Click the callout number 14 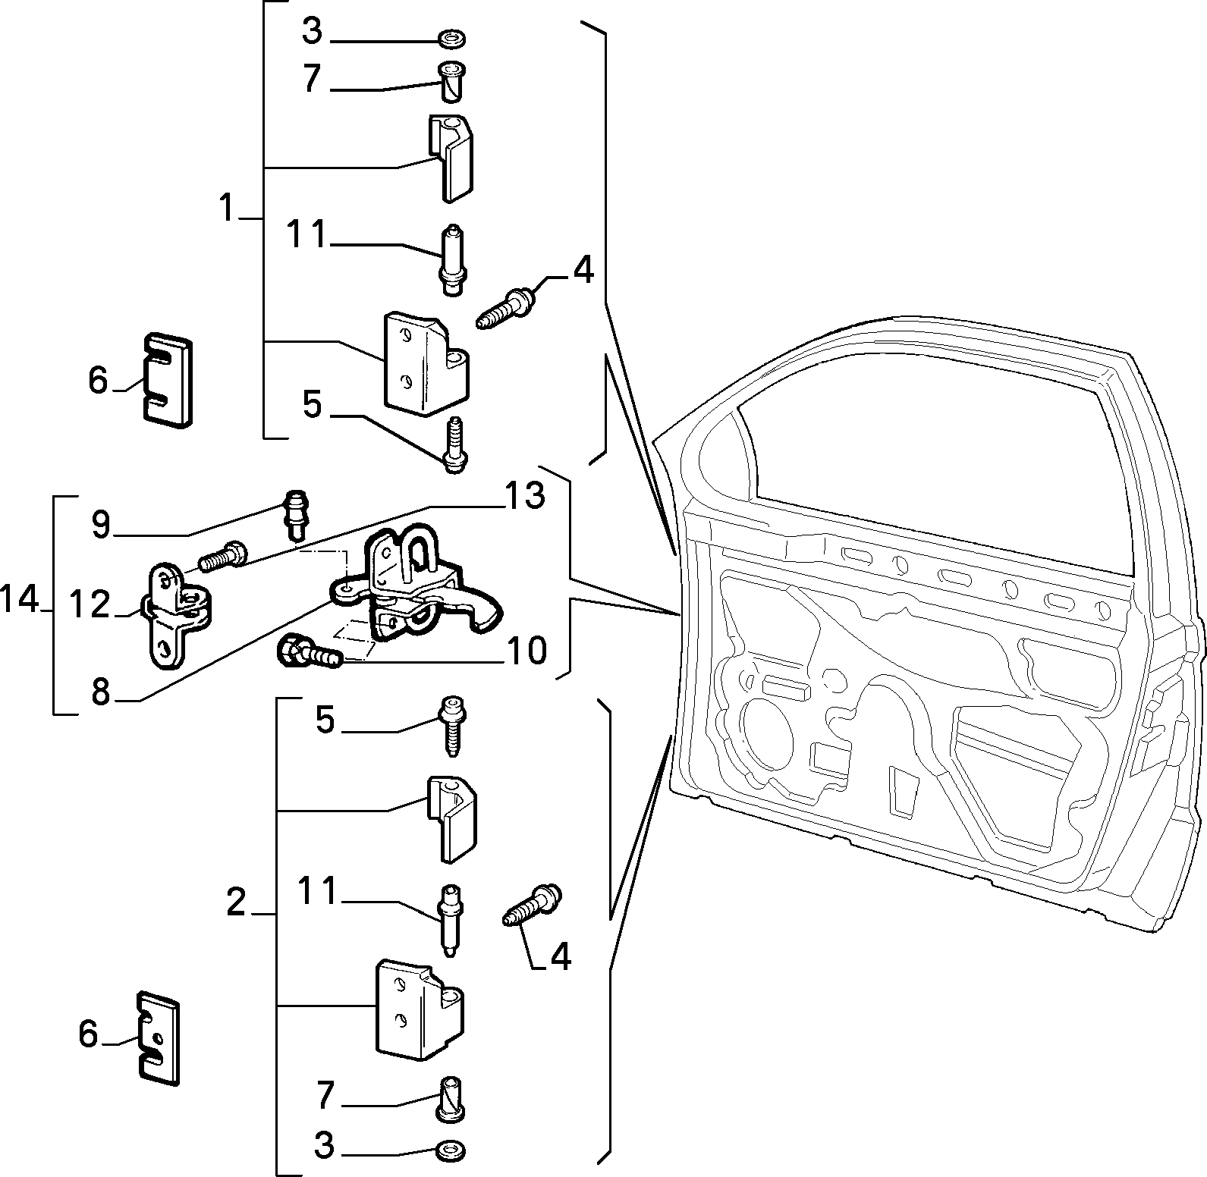(x=20, y=601)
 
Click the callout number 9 (x=101, y=525)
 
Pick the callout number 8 (x=101, y=692)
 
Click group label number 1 (x=226, y=208)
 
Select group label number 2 (x=236, y=902)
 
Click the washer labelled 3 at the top (x=453, y=38)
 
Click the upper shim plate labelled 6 (x=166, y=379)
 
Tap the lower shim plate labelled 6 (x=159, y=1038)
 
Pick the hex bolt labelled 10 (x=312, y=651)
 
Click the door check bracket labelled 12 (x=178, y=615)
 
